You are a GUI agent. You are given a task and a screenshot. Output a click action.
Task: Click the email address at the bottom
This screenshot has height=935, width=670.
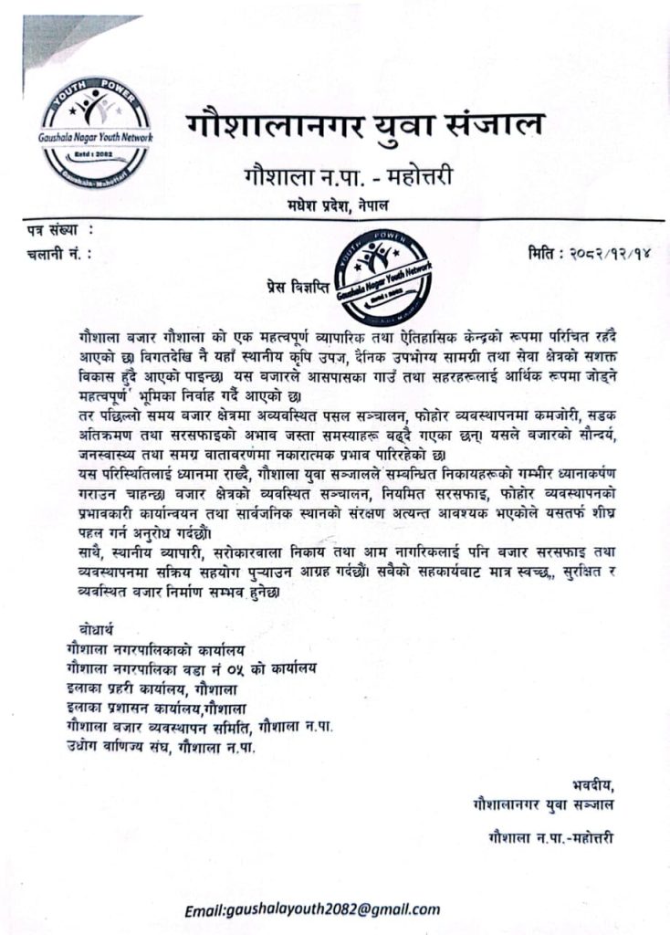click(x=312, y=909)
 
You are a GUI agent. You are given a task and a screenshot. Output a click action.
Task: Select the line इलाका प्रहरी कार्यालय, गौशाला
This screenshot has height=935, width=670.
click(x=150, y=688)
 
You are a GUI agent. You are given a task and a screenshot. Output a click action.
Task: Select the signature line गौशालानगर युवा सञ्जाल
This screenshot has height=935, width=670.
click(x=544, y=804)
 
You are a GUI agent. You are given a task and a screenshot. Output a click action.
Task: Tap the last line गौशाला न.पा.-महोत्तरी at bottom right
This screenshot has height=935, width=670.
click(x=550, y=838)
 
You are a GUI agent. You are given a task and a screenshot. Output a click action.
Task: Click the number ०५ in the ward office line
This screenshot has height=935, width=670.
click(x=216, y=669)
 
